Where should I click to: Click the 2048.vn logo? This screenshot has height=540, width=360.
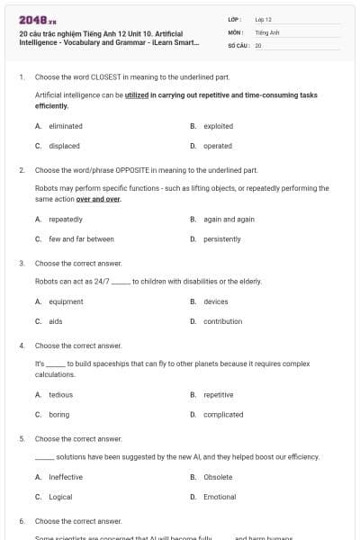click(37, 20)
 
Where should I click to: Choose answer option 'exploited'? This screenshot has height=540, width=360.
click(219, 126)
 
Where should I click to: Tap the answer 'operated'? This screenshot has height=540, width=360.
click(218, 146)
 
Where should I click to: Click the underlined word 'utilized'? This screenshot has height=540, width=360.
click(137, 94)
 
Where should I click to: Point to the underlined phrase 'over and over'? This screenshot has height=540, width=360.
click(99, 199)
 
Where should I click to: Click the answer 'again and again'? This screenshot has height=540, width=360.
click(229, 219)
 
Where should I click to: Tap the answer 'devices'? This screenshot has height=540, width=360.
click(216, 301)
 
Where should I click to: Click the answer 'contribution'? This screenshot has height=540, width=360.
click(222, 321)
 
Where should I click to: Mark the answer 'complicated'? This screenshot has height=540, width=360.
click(223, 414)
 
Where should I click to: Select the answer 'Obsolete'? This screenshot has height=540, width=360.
click(218, 477)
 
